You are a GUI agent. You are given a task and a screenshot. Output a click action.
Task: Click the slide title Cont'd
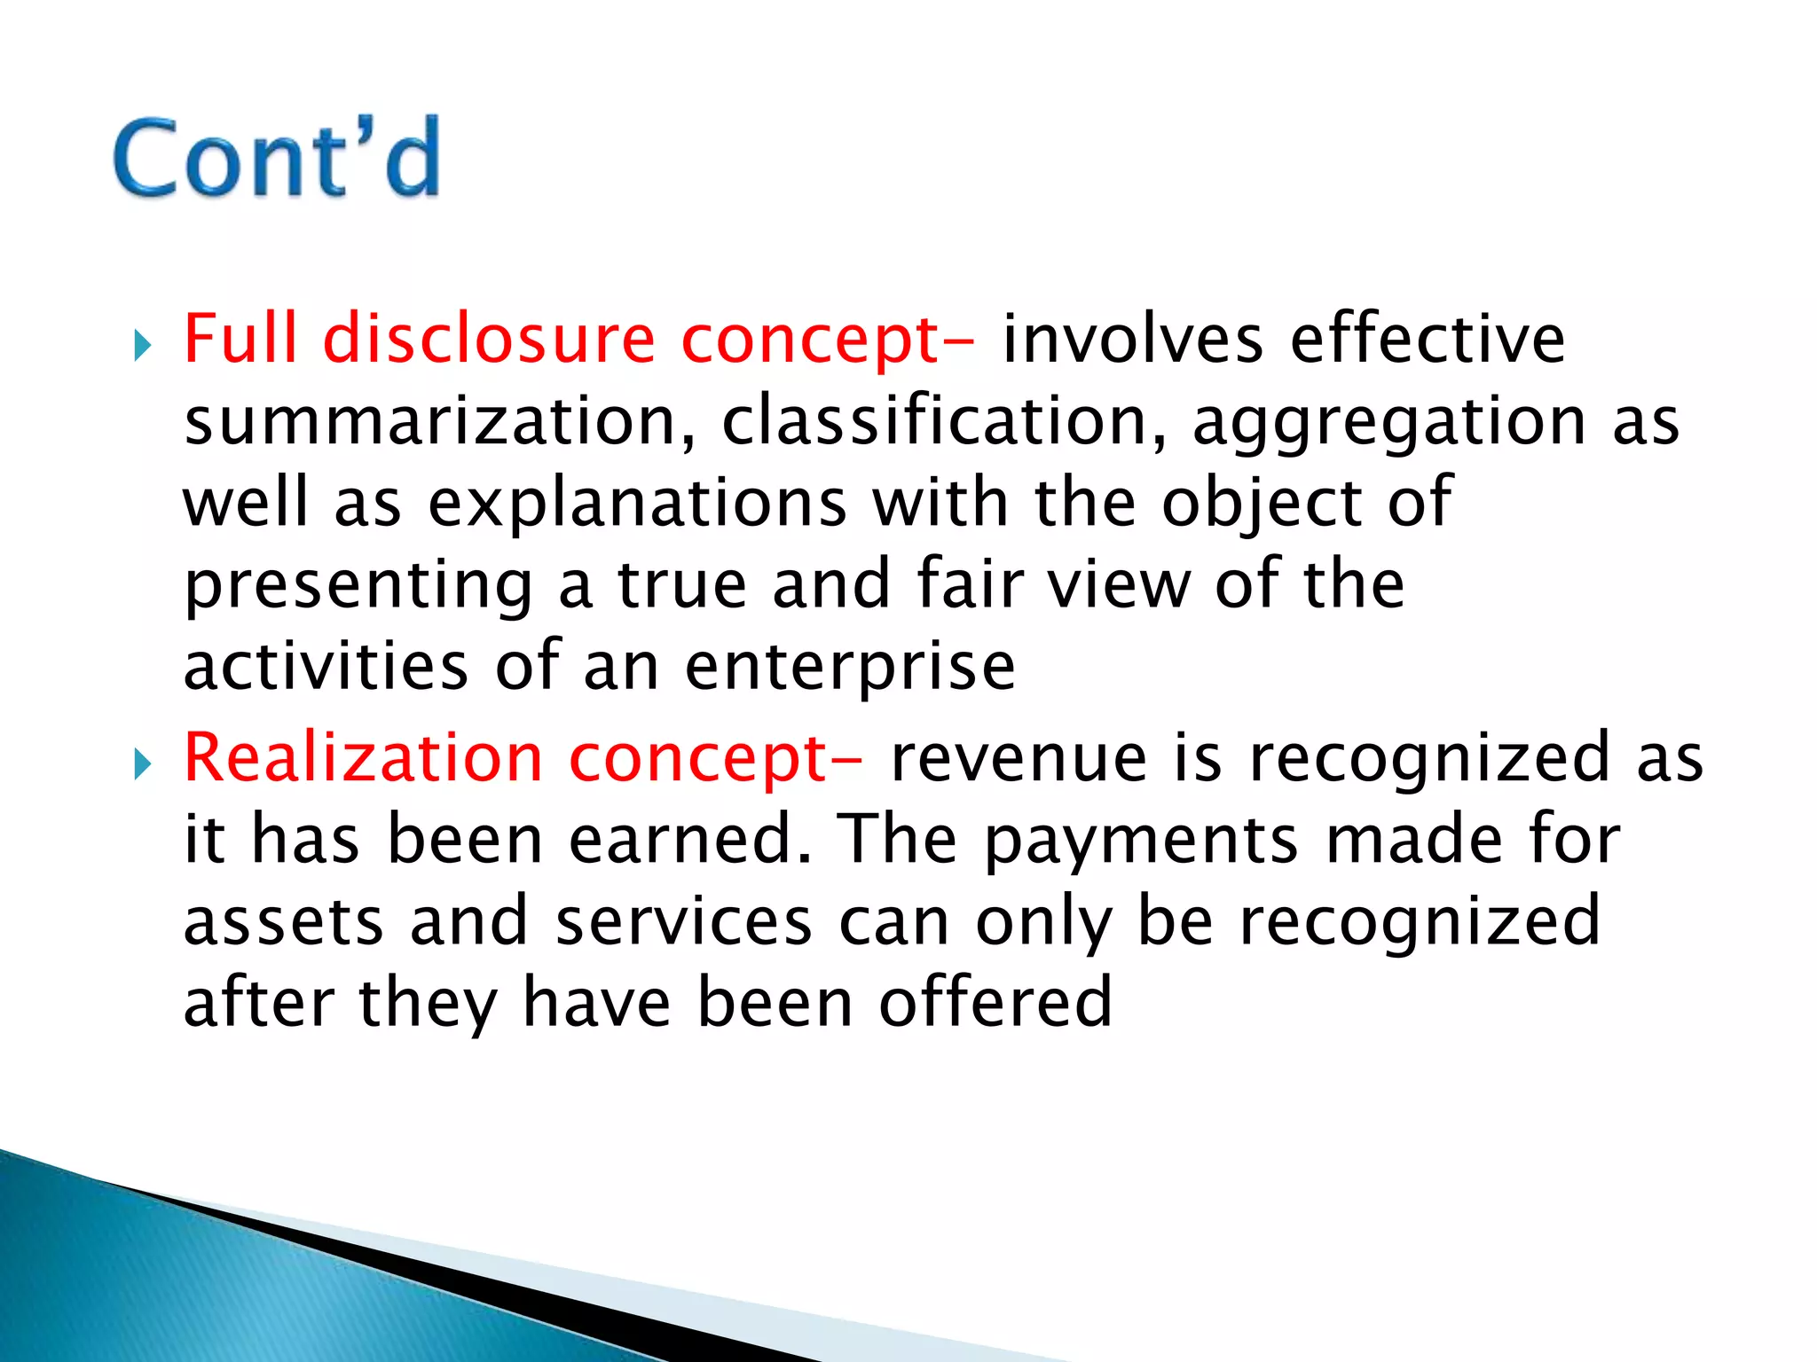click(277, 158)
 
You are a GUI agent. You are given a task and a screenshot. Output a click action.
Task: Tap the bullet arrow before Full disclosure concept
click(143, 345)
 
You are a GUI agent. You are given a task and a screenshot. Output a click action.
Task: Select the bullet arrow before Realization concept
click(143, 763)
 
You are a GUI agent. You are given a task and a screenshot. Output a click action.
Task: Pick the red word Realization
click(363, 758)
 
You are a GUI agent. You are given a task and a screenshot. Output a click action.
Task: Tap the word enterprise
click(850, 668)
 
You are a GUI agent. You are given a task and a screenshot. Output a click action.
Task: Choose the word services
click(683, 921)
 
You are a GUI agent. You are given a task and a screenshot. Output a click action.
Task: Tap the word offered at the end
click(995, 1002)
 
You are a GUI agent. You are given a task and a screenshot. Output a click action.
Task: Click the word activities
click(326, 666)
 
